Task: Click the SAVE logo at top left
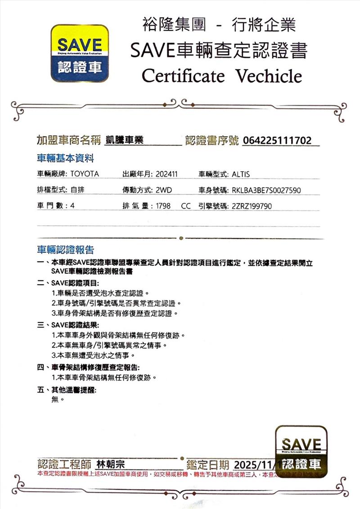click(79, 54)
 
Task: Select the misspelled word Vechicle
click(269, 76)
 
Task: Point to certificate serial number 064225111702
click(277, 141)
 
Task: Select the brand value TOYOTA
click(85, 174)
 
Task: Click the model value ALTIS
click(241, 174)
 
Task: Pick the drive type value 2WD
click(163, 190)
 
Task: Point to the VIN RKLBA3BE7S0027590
click(266, 190)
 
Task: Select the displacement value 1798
click(162, 206)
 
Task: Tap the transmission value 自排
click(77, 190)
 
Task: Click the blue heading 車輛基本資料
click(65, 159)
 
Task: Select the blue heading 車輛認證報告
click(65, 250)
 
